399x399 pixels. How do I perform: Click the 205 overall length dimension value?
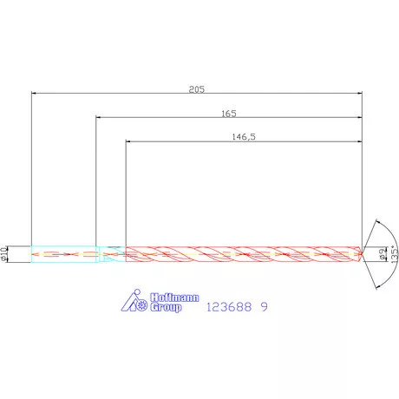pyautogui.click(x=197, y=89)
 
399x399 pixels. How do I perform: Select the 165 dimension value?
pyautogui.click(x=229, y=114)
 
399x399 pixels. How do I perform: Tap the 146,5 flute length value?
pyautogui.click(x=244, y=137)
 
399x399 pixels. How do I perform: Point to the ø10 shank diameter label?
pyautogui.click(x=3, y=254)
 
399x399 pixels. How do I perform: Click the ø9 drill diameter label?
pyautogui.click(x=383, y=254)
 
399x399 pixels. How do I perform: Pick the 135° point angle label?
pyautogui.click(x=394, y=254)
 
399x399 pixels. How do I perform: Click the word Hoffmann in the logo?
pyautogui.click(x=174, y=298)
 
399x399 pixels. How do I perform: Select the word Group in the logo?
pyautogui.click(x=166, y=307)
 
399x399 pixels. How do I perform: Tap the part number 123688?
pyautogui.click(x=229, y=307)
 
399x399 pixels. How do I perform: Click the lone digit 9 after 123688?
pyautogui.click(x=265, y=307)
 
